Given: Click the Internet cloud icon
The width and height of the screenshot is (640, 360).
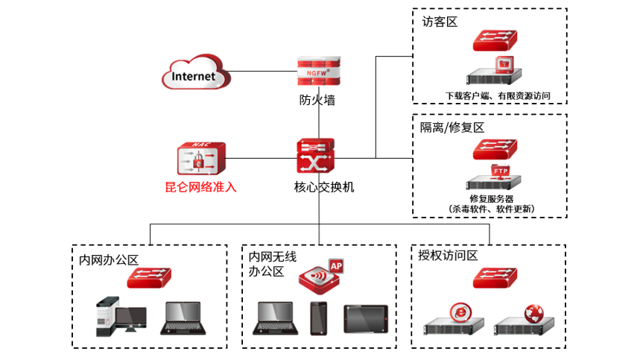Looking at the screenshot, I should pos(194,75).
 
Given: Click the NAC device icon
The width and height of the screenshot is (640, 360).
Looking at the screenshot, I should pos(200,158).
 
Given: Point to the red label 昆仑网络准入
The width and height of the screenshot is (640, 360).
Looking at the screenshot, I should pos(200,187).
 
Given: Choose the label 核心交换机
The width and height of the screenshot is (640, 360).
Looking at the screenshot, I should pos(319,186).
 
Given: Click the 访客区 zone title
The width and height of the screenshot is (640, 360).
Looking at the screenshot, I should pos(440,22).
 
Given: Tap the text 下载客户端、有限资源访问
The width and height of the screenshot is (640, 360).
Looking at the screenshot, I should pos(497,95).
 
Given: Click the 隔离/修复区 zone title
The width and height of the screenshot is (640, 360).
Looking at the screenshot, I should pos(452,127).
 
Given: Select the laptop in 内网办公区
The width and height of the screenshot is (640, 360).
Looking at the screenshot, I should pos(183,320).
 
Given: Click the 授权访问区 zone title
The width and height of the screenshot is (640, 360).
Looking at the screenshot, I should pos(448,255).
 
